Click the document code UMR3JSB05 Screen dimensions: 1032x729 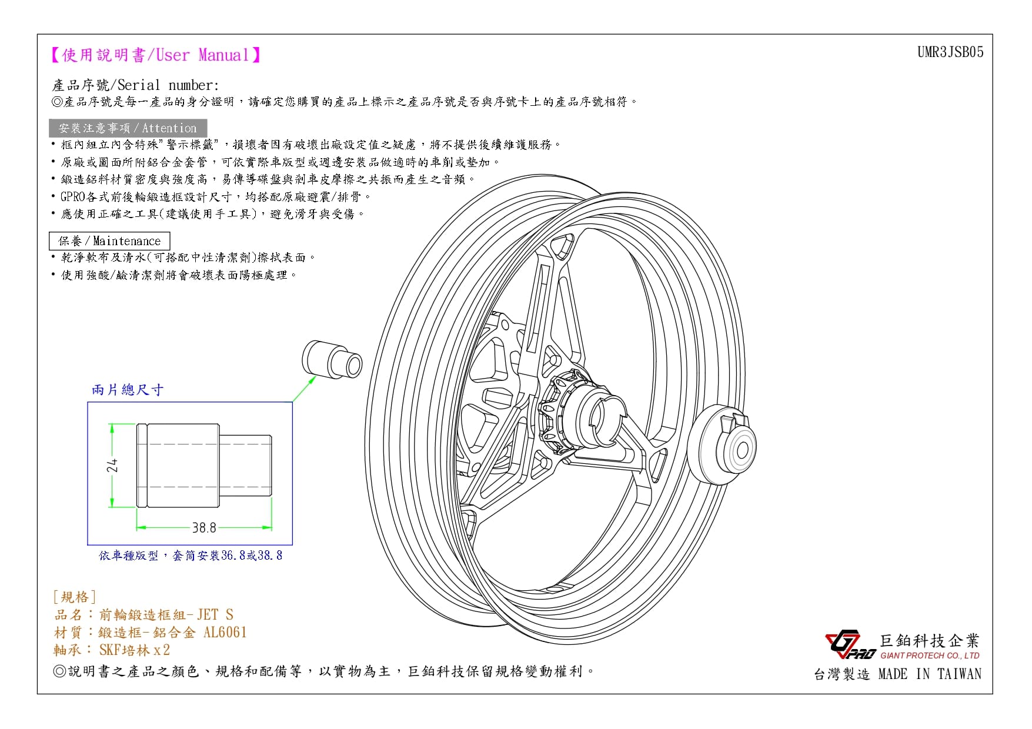pos(950,52)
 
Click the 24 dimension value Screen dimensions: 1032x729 pos(112,465)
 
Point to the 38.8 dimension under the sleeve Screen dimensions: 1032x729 pos(204,527)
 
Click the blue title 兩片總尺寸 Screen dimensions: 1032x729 pos(128,390)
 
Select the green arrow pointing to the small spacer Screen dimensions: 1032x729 pos(305,389)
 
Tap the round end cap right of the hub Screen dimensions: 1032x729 pos(721,444)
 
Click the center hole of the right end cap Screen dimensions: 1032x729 pos(742,450)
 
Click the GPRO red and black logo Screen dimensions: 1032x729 pos(850,644)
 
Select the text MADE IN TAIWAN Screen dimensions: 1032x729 pos(930,674)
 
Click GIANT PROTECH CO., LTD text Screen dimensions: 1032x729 pos(930,656)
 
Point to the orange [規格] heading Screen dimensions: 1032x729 pos(74,597)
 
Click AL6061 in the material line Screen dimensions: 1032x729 pos(225,633)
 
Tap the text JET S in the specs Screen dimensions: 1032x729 pos(215,615)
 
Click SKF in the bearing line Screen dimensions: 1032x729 pos(109,650)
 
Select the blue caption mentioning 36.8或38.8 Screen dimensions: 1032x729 pos(191,556)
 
